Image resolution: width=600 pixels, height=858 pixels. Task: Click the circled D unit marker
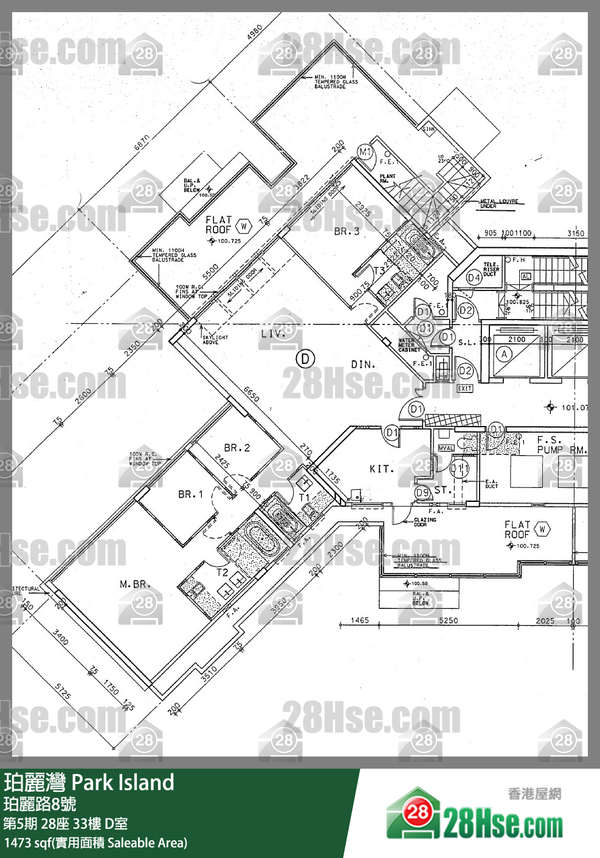click(305, 359)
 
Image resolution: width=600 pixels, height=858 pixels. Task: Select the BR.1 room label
click(190, 495)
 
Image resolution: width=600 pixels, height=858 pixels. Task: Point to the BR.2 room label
click(237, 448)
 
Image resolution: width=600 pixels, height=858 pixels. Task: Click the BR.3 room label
click(347, 232)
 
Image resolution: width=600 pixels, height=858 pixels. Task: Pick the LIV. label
click(273, 334)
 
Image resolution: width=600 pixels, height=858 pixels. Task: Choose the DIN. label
click(363, 365)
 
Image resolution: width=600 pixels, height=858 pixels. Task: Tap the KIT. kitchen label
click(382, 468)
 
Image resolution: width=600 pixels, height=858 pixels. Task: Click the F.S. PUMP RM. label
click(561, 445)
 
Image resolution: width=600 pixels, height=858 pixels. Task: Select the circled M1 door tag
click(365, 153)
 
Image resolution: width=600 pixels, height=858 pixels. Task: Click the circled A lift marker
click(504, 354)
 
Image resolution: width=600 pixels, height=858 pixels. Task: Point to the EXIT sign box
click(465, 388)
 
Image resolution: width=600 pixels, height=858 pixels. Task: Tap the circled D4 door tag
click(474, 278)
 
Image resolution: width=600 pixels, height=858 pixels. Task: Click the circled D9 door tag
click(422, 492)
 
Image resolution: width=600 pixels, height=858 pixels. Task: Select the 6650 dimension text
click(252, 394)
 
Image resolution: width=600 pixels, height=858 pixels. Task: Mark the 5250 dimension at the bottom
click(449, 620)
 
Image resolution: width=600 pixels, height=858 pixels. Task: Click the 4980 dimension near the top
click(255, 33)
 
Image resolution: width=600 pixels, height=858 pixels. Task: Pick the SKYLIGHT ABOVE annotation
click(215, 340)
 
